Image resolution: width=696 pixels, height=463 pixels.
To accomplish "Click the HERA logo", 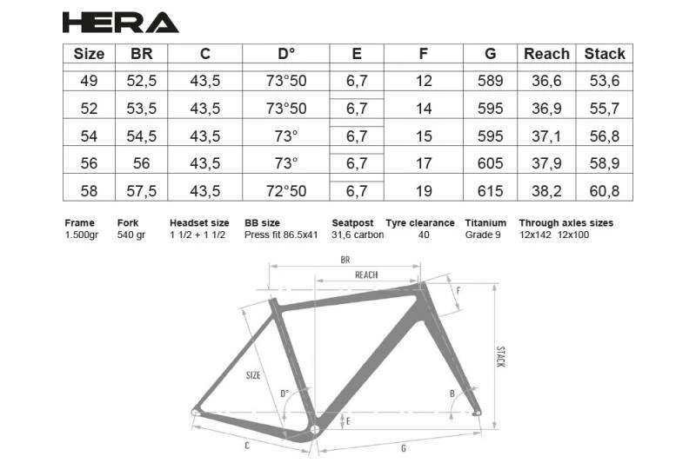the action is click(120, 23).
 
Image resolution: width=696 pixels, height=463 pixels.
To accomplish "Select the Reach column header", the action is click(546, 54).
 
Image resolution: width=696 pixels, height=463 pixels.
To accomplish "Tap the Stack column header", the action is click(605, 54).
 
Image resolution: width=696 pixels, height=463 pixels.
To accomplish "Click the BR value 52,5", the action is click(142, 81).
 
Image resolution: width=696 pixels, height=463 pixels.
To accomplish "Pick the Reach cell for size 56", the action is click(546, 163).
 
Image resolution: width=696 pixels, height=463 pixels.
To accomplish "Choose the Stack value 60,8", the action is click(605, 190).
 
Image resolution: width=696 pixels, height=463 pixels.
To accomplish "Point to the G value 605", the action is click(490, 163).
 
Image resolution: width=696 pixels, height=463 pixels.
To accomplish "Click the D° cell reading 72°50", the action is click(286, 190).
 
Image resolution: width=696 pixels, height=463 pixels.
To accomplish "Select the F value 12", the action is click(424, 81).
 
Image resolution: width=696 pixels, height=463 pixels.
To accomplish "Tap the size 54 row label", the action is click(89, 136).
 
